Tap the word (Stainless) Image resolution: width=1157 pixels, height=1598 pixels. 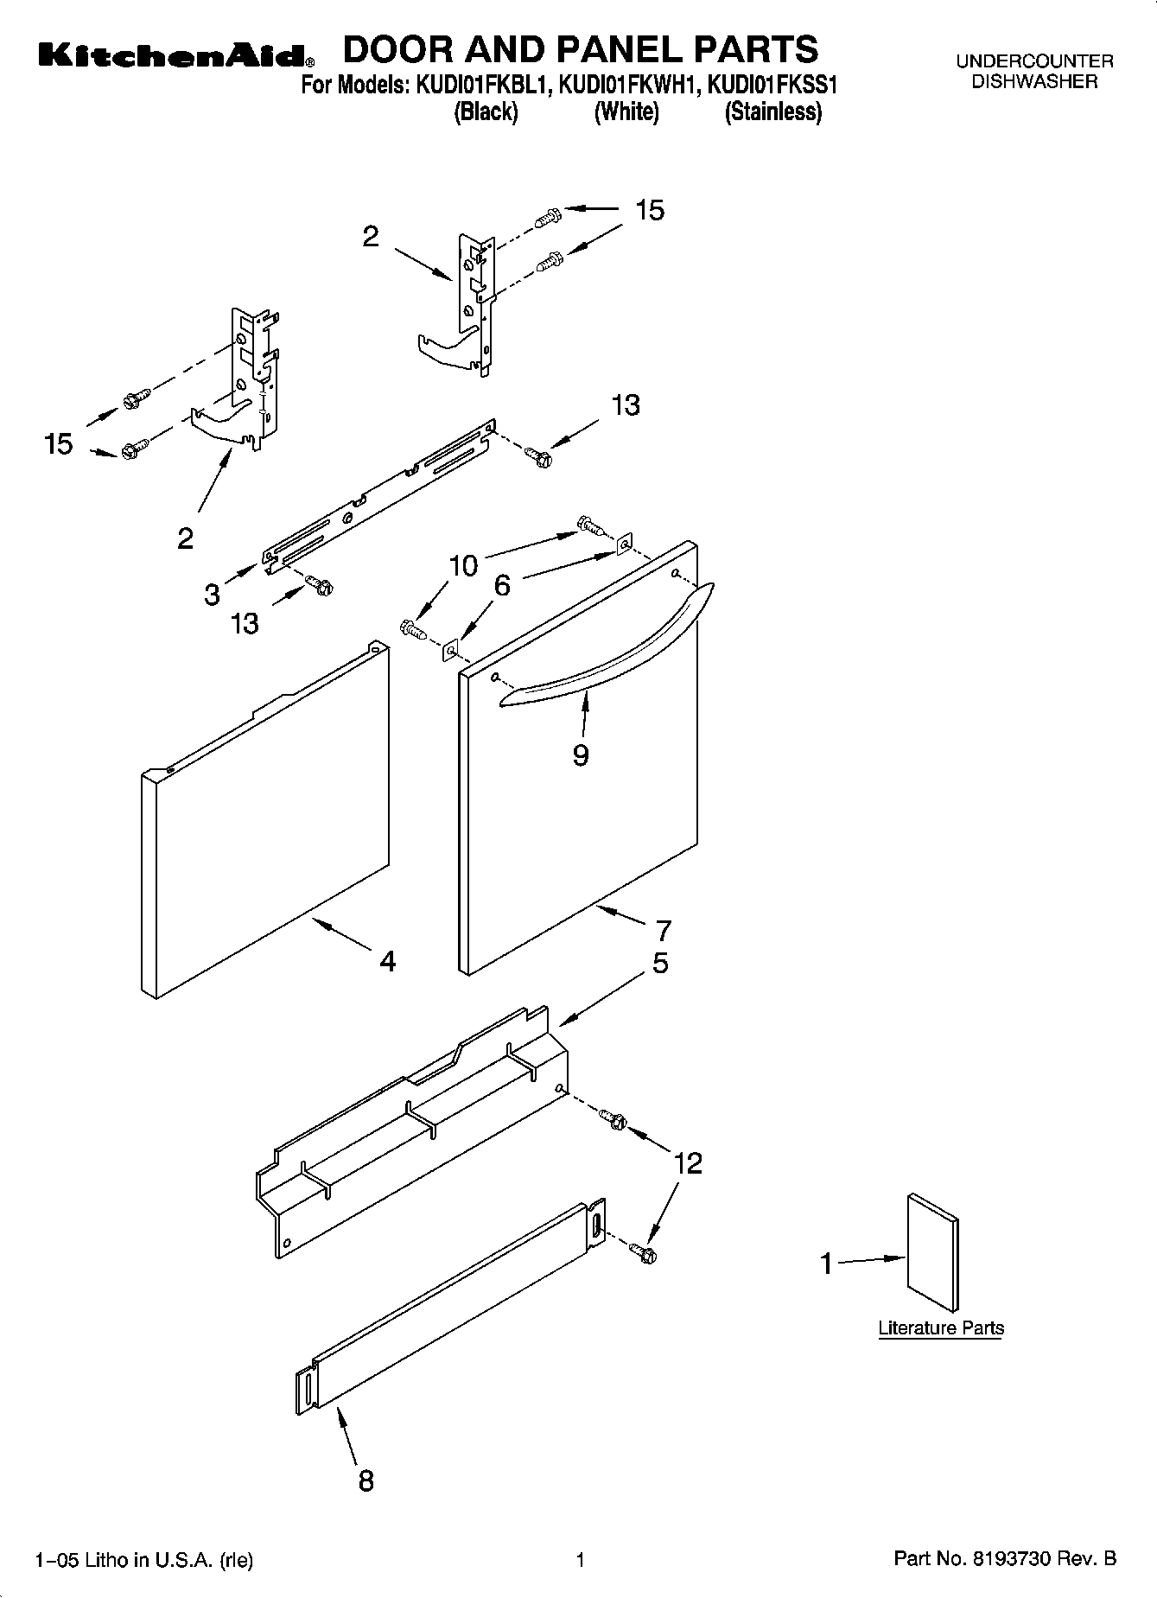click(772, 112)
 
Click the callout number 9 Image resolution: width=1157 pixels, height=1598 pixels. click(581, 755)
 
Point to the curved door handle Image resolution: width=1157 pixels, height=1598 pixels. click(605, 648)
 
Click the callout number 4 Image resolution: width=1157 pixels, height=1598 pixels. click(388, 960)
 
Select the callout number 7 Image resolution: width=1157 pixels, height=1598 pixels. click(663, 931)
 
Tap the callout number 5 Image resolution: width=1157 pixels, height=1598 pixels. click(660, 963)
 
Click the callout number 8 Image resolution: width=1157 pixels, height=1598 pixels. click(366, 1480)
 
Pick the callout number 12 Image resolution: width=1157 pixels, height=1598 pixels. click(688, 1163)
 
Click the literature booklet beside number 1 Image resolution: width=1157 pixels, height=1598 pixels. click(932, 1253)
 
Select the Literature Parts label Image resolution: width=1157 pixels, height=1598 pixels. click(941, 1328)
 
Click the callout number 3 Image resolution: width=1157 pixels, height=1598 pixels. click(213, 595)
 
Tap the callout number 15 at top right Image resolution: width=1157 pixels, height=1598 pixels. click(650, 210)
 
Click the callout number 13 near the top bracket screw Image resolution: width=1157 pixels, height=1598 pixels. click(626, 405)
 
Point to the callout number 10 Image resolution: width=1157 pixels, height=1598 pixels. click(463, 566)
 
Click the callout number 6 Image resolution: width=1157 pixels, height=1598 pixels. click(502, 585)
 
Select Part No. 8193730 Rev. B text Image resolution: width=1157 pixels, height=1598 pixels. click(1005, 1559)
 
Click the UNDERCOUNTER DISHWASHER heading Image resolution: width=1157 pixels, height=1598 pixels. click(1034, 72)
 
